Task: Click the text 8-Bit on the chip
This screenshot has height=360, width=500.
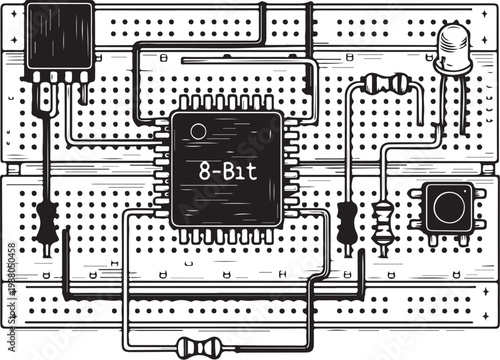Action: tap(225, 171)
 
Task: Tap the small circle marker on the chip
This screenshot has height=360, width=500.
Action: tap(198, 131)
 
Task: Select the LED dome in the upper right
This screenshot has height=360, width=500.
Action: tap(455, 48)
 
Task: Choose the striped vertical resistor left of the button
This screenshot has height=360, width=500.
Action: tap(383, 221)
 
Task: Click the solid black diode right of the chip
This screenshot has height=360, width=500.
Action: tap(347, 222)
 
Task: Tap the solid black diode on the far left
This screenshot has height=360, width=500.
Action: tap(45, 223)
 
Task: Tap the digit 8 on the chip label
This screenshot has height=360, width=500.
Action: tap(203, 171)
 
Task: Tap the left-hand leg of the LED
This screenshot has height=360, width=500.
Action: tap(444, 100)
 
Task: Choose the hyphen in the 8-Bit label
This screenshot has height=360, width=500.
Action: tap(214, 172)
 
